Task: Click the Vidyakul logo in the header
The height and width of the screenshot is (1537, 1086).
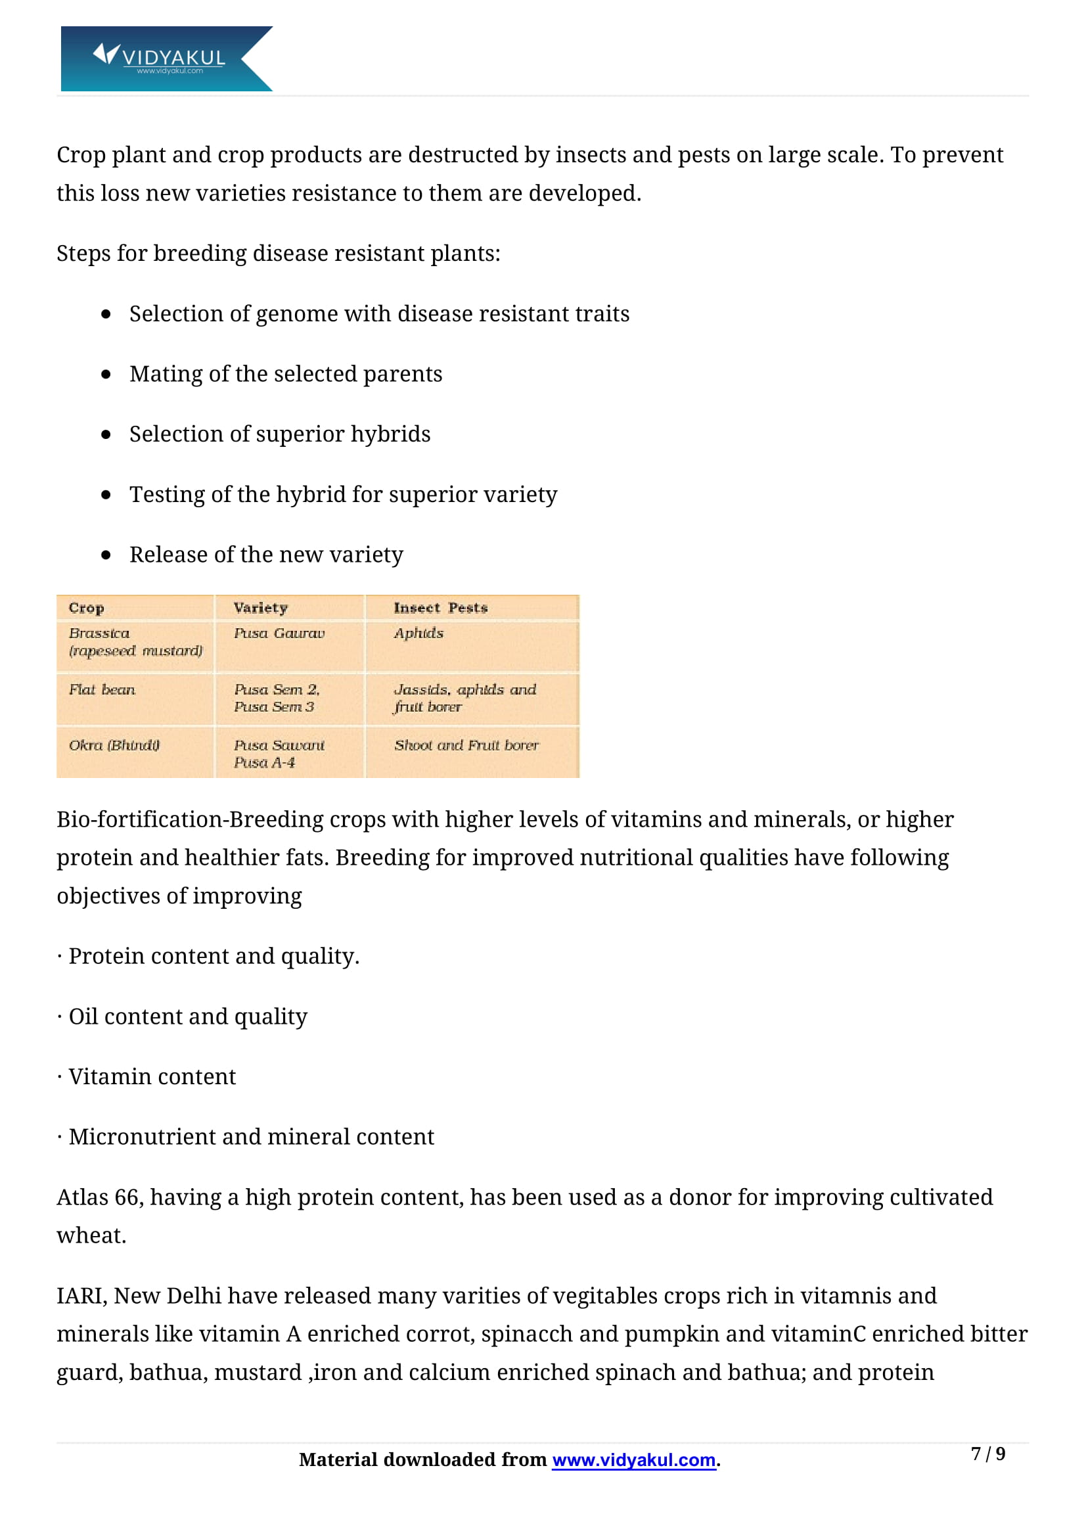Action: pyautogui.click(x=166, y=59)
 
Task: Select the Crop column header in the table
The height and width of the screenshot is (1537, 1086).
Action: pyautogui.click(x=86, y=608)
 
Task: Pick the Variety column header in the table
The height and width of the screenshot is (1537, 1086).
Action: pyautogui.click(x=260, y=608)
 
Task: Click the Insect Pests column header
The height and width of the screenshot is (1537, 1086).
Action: pyautogui.click(x=440, y=608)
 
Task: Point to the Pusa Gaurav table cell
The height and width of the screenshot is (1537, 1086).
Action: pyautogui.click(x=279, y=633)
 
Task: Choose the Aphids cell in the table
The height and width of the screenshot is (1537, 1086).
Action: pyautogui.click(x=419, y=633)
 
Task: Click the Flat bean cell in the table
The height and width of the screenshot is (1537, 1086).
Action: pyautogui.click(x=102, y=689)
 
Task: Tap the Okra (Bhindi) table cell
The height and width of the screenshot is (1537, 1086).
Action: pyautogui.click(x=114, y=745)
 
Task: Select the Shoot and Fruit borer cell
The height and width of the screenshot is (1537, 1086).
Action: pyautogui.click(x=466, y=745)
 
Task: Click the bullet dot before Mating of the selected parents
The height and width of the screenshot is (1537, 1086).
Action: pyautogui.click(x=106, y=374)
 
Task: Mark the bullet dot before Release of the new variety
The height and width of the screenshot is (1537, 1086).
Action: pyautogui.click(x=106, y=555)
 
